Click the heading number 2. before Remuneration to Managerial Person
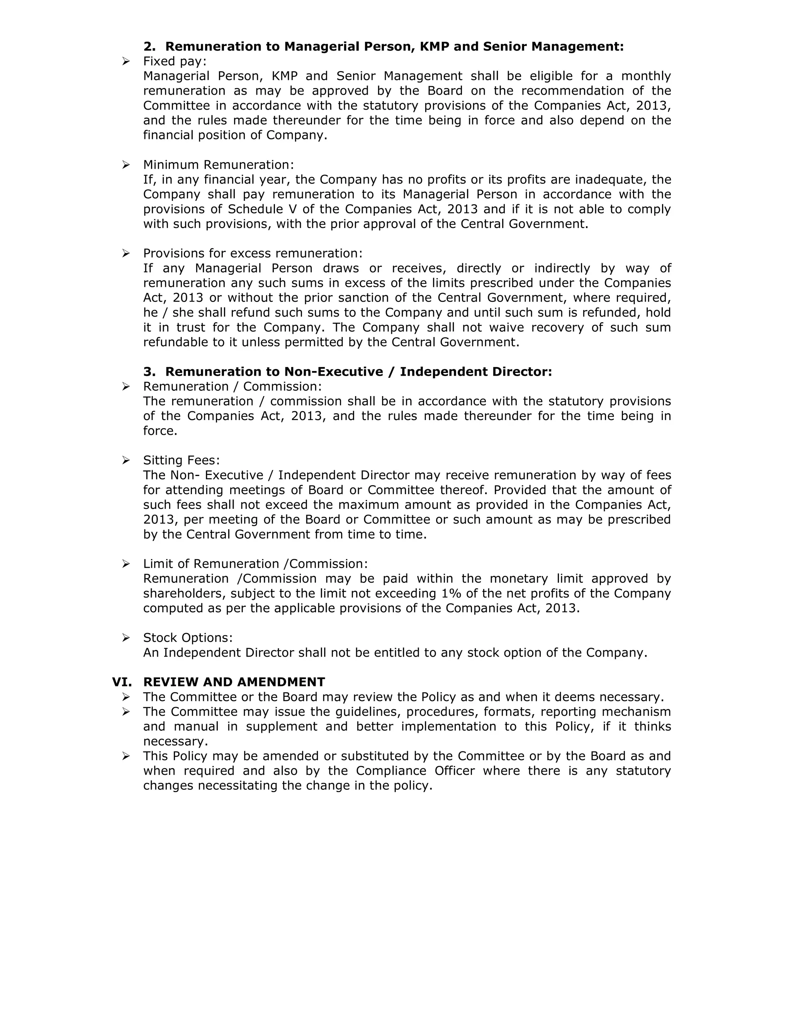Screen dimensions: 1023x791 coord(149,46)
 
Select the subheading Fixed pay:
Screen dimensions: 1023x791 coord(174,61)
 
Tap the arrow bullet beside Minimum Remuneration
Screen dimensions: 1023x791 coord(126,164)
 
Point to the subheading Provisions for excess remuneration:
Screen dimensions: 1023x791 coord(253,253)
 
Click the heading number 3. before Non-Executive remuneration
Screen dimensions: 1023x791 coord(149,371)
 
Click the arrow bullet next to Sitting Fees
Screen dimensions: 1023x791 coord(126,461)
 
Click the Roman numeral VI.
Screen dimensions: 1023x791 coord(122,682)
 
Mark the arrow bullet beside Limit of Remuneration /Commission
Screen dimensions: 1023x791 coord(126,564)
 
